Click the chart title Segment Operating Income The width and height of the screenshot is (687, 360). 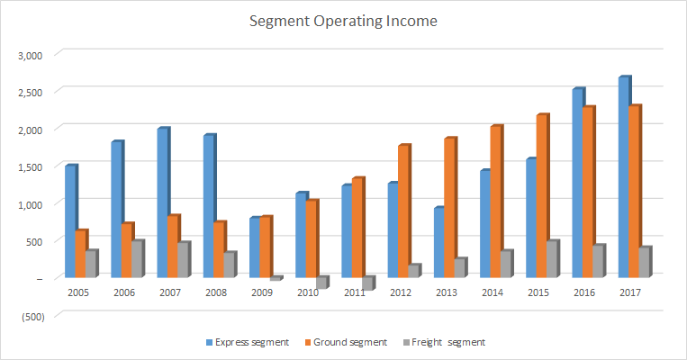coord(343,21)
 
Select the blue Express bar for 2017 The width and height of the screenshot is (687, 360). coord(624,177)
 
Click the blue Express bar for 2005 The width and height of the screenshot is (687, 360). coord(70,221)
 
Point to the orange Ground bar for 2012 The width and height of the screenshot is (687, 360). coord(403,211)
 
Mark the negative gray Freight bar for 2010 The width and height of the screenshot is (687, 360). coord(321,283)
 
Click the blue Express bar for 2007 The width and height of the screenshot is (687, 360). coord(163,202)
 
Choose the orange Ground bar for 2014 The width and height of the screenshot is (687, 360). coord(496,202)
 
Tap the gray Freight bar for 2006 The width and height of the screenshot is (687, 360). coord(137,259)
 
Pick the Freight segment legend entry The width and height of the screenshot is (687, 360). coord(447,342)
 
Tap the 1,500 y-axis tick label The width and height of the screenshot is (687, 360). coord(31,166)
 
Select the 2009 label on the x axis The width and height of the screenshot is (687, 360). coord(261,292)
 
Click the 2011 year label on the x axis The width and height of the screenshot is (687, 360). coord(354,292)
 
